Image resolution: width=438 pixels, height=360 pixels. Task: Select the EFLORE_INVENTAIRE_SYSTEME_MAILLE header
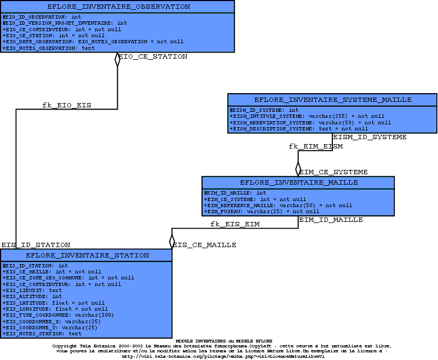(333, 100)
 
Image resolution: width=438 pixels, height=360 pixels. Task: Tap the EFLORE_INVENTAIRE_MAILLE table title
(299, 182)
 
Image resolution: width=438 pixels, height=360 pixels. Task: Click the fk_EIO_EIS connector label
(67, 105)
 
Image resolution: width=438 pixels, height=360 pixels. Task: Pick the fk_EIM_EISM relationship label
(315, 146)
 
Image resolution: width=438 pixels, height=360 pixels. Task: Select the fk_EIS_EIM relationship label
(235, 224)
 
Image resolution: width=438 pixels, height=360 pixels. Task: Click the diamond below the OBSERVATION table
(117, 59)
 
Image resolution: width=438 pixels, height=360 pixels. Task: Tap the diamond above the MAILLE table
(298, 168)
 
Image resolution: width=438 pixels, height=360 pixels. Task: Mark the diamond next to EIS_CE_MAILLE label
(172, 241)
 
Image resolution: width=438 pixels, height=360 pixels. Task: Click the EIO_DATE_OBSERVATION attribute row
(93, 42)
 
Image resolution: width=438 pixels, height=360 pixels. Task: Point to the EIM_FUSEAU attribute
(262, 212)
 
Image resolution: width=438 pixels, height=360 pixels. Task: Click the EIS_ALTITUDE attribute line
(33, 296)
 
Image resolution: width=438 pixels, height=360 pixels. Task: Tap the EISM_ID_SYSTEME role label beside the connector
(370, 137)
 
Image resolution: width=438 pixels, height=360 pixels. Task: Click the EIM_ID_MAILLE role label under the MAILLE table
(331, 220)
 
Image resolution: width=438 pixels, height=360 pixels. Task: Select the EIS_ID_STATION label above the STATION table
(36, 245)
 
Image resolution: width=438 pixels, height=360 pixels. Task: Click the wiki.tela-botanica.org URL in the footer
(223, 356)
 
